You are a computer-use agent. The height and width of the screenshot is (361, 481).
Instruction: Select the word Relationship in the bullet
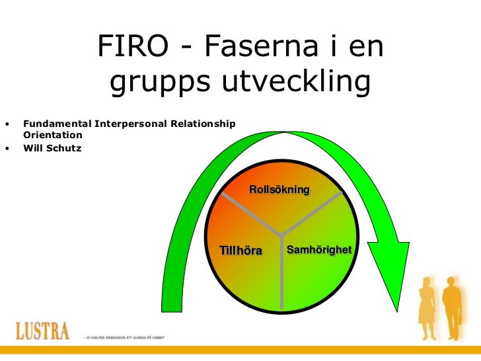coord(204,124)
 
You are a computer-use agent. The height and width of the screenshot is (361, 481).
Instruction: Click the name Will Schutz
coord(52,148)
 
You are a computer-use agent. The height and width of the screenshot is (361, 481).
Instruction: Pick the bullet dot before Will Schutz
coord(8,148)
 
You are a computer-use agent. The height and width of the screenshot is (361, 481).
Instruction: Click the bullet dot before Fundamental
coord(8,124)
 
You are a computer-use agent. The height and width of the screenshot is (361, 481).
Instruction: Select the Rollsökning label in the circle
coord(279,190)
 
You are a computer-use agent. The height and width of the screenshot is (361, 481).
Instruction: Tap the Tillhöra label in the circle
coord(241,251)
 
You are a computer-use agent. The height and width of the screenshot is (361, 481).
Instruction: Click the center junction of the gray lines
coord(282,234)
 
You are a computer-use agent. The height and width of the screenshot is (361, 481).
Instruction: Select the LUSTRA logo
coord(42,330)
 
